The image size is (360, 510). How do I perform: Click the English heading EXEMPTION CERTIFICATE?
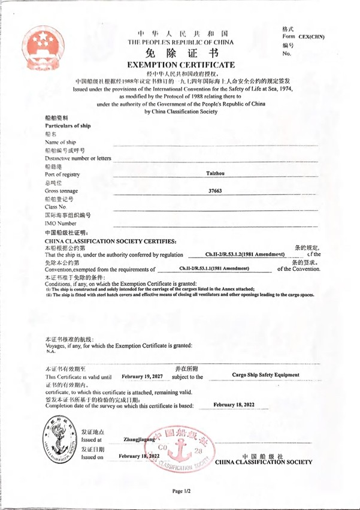[x=180, y=65]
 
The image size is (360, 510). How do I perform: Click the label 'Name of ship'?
[x=61, y=141]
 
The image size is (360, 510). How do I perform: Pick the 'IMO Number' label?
[x=60, y=223]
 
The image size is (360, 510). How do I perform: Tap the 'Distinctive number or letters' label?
[x=78, y=158]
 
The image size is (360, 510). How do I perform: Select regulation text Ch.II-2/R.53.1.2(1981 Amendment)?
[x=244, y=255]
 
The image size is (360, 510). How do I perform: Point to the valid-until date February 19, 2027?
[x=141, y=376]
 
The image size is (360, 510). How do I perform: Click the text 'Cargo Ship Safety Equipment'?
[x=264, y=375]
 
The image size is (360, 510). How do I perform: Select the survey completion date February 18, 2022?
[x=234, y=405]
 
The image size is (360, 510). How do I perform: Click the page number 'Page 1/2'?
[x=181, y=491]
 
